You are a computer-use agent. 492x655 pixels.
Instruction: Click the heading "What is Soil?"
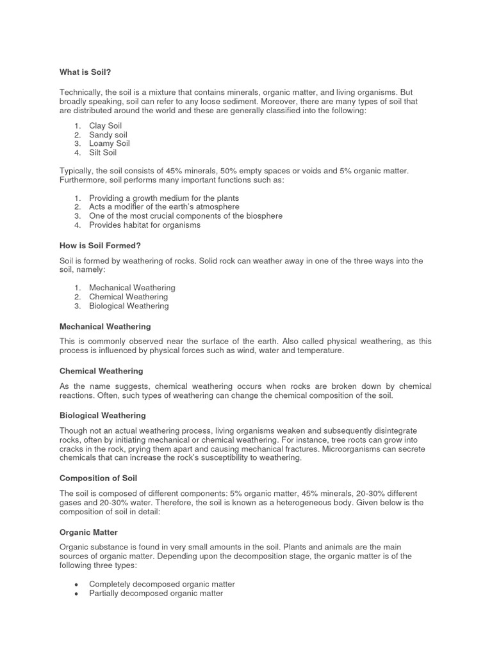(x=85, y=73)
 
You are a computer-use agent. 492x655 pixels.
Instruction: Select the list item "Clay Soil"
(x=105, y=126)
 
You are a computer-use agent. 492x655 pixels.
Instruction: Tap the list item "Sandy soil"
(x=108, y=135)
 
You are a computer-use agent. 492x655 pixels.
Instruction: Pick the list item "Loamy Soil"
(x=109, y=144)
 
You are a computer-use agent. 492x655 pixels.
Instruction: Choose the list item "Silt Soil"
(x=102, y=153)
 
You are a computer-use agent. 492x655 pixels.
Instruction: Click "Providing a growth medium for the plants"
(x=164, y=198)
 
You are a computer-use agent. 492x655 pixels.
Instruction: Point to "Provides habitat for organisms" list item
(x=144, y=225)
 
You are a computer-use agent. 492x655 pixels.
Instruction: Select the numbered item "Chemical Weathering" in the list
(x=128, y=297)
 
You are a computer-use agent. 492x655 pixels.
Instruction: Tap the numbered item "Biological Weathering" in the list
(x=129, y=306)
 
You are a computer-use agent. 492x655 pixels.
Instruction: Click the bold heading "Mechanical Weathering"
(x=105, y=326)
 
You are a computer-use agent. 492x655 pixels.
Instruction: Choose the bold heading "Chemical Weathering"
(x=101, y=371)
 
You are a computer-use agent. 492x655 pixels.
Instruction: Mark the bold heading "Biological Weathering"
(x=102, y=416)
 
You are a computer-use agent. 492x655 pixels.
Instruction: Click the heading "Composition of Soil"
(x=98, y=478)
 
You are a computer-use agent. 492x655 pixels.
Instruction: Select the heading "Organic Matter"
(x=88, y=532)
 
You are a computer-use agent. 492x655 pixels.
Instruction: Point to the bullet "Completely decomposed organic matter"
(x=161, y=585)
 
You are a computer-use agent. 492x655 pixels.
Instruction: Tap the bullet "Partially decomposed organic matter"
(x=156, y=594)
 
